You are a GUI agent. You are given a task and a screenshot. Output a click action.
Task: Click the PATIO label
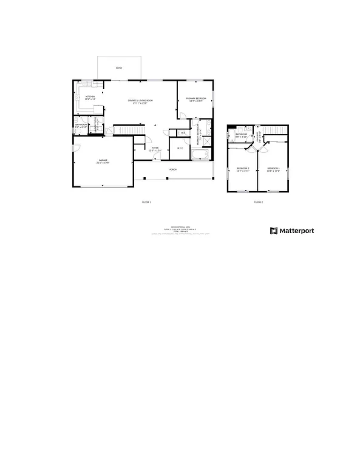pyautogui.click(x=119, y=69)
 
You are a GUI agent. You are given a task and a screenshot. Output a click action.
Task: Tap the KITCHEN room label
pyautogui.click(x=90, y=97)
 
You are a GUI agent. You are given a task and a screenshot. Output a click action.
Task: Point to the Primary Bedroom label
pyautogui.click(x=196, y=99)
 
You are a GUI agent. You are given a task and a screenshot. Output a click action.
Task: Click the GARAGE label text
pyautogui.click(x=103, y=161)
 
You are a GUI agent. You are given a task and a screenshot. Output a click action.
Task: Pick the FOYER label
pyautogui.click(x=155, y=149)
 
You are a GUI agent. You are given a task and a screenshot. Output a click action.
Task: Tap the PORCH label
pyautogui.click(x=173, y=169)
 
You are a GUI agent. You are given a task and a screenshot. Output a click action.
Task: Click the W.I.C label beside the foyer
pyautogui.click(x=180, y=148)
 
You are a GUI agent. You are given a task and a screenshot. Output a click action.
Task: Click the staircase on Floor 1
pyautogui.click(x=130, y=130)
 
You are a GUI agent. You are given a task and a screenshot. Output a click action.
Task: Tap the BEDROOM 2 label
pyautogui.click(x=243, y=169)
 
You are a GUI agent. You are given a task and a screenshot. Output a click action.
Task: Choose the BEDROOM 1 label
pyautogui.click(x=273, y=169)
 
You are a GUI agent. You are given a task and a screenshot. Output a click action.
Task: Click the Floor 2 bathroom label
pyautogui.click(x=241, y=135)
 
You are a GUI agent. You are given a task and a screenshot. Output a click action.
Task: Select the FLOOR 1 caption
pyautogui.click(x=146, y=201)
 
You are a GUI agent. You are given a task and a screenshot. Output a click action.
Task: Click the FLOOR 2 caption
pyautogui.click(x=258, y=201)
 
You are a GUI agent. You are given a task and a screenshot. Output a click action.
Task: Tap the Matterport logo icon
pyautogui.click(x=274, y=231)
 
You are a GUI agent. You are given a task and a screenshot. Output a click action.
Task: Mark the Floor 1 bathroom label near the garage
pyautogui.click(x=80, y=126)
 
